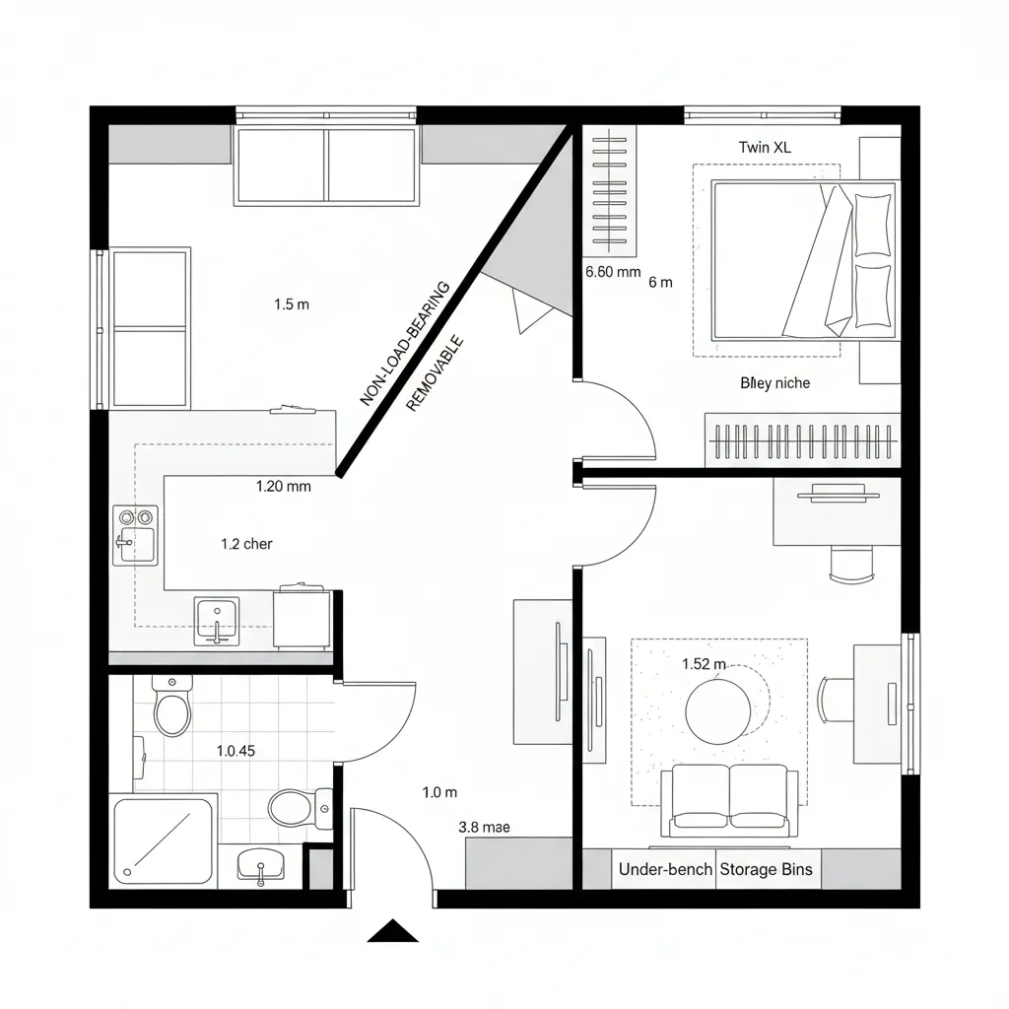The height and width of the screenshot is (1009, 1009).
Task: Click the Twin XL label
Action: pyautogui.click(x=765, y=148)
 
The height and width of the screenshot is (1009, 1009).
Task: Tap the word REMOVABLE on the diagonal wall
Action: pyautogui.click(x=435, y=375)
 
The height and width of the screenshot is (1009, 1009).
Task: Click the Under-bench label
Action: pyautogui.click(x=665, y=869)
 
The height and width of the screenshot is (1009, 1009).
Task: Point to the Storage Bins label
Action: pyautogui.click(x=767, y=869)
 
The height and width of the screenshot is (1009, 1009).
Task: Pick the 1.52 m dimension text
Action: pyautogui.click(x=704, y=664)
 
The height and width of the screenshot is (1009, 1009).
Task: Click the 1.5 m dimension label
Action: pyautogui.click(x=291, y=304)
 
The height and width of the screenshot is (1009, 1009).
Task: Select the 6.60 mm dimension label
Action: pyautogui.click(x=613, y=273)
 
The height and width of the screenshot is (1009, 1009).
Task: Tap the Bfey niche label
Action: pyautogui.click(x=774, y=382)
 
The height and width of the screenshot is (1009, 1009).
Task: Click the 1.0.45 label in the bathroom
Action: pyautogui.click(x=235, y=750)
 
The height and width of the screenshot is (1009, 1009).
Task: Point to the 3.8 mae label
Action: pyautogui.click(x=485, y=828)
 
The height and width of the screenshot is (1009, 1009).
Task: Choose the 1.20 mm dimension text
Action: pyautogui.click(x=283, y=485)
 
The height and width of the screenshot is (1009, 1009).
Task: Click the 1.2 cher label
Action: pyautogui.click(x=246, y=544)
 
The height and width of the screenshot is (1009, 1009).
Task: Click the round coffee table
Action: pyautogui.click(x=718, y=710)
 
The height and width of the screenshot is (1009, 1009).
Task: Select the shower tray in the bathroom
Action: pyautogui.click(x=164, y=841)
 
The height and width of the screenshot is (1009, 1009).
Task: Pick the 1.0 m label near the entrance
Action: pyautogui.click(x=439, y=792)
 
